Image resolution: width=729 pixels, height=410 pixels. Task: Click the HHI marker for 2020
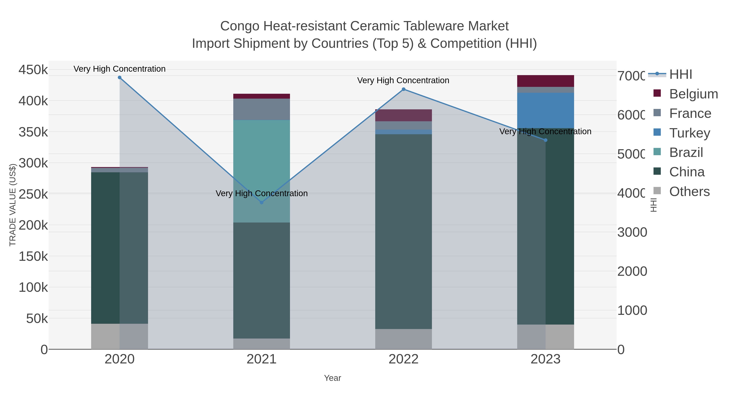click(119, 78)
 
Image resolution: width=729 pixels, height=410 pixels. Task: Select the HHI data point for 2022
click(404, 89)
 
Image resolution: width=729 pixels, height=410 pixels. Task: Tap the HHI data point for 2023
click(546, 140)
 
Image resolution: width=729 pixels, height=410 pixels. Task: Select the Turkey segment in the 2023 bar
click(546, 110)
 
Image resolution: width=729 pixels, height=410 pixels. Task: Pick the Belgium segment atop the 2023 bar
click(546, 81)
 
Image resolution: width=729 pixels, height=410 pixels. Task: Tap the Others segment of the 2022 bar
click(404, 339)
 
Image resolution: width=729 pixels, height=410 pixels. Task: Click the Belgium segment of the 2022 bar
click(404, 115)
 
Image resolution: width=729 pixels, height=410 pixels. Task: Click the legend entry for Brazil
click(686, 152)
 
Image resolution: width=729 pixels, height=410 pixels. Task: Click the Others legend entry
click(689, 192)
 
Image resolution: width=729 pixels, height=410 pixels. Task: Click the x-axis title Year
click(333, 378)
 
